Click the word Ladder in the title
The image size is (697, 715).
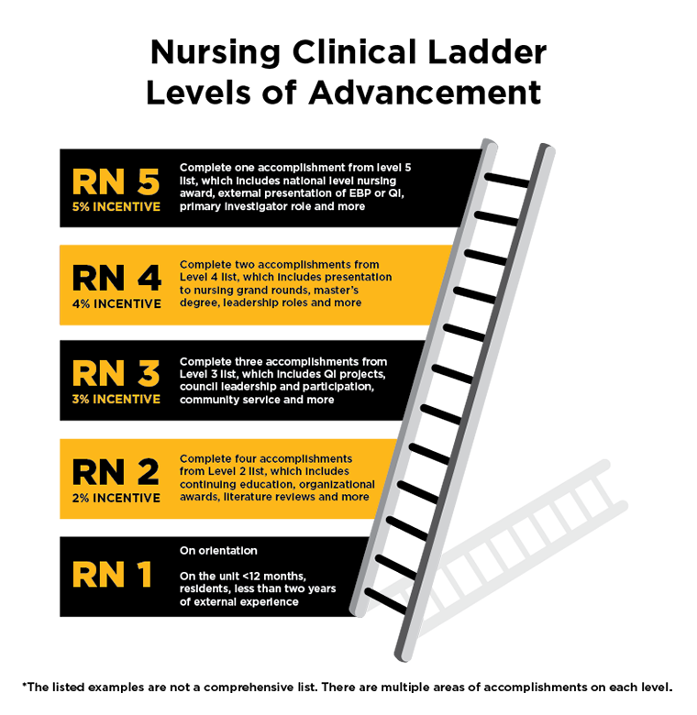[x=487, y=52]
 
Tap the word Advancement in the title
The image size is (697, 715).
[x=426, y=93]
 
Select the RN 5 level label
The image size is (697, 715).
[x=116, y=181]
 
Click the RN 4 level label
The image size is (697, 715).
[x=116, y=278]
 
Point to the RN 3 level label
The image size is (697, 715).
[x=116, y=373]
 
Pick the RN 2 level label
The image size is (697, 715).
[x=116, y=472]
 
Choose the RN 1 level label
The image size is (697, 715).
[x=112, y=574]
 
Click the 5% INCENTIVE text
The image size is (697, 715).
[x=116, y=207]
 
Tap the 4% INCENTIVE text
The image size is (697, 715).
[x=116, y=303]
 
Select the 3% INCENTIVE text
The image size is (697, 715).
[x=116, y=400]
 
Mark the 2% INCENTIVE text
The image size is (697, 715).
[x=116, y=498]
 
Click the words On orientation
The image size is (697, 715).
[x=218, y=550]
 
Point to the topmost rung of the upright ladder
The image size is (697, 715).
[x=507, y=180]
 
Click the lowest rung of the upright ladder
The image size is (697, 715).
[x=385, y=601]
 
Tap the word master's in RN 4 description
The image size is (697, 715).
[x=337, y=290]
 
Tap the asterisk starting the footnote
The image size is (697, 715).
[x=25, y=685]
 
